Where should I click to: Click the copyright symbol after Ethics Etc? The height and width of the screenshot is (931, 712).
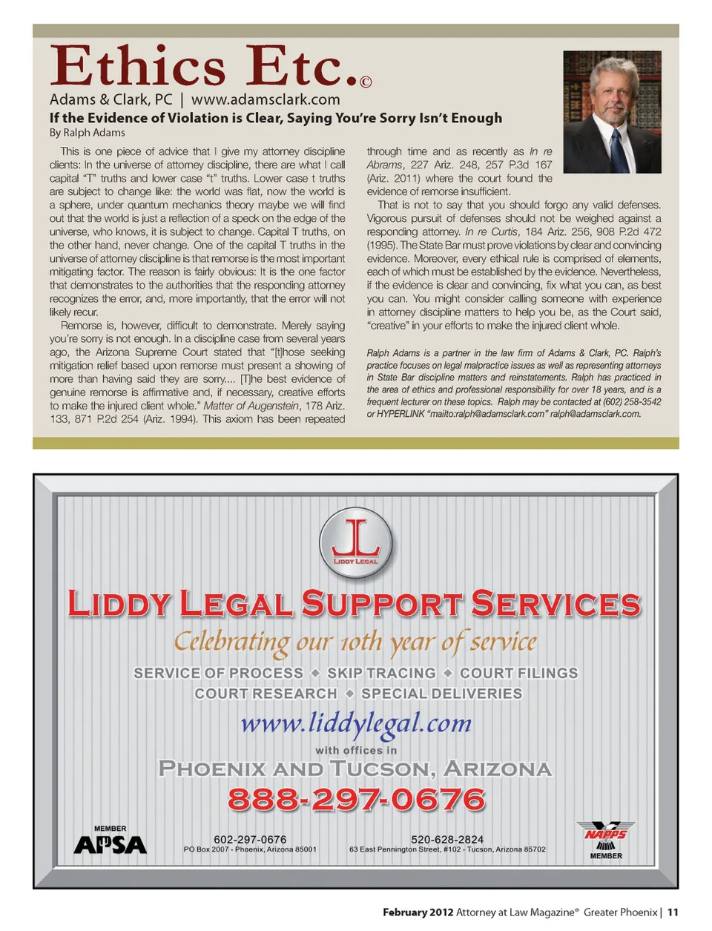coord(366,82)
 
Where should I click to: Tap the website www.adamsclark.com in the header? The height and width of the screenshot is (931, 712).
coord(266,99)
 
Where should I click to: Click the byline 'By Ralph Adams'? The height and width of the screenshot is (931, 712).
coord(87,133)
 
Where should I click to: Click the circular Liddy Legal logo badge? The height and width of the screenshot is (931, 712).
coord(356,543)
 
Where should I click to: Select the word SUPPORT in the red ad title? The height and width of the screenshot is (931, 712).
coord(381,604)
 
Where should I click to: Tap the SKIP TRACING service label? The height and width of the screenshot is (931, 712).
coord(381,673)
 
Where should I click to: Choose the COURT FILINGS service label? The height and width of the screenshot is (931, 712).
coord(518,673)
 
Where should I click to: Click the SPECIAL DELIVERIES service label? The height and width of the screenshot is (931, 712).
coord(441,694)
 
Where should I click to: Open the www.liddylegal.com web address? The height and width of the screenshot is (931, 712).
coord(356,723)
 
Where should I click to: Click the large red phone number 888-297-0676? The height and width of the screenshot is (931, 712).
coord(356,800)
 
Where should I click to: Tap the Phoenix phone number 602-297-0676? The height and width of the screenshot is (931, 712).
coord(250,839)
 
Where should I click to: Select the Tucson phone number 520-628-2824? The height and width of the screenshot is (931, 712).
coord(447,839)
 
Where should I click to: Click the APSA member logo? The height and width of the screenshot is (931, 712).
coord(111,843)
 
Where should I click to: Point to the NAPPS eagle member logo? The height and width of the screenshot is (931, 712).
coord(606,836)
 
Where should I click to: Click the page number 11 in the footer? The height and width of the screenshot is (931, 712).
coord(673,912)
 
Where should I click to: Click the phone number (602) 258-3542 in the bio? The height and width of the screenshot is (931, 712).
coord(632,401)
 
